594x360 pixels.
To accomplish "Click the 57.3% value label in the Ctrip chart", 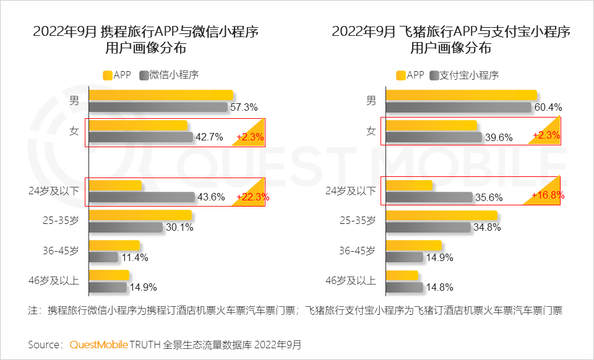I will (243, 108).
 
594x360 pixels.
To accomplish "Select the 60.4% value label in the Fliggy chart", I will (548, 108).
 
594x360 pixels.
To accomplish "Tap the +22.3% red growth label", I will (250, 197).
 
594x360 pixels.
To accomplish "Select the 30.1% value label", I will (179, 228).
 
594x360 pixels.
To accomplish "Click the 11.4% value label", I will (134, 257).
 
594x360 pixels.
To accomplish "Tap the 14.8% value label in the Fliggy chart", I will (439, 287).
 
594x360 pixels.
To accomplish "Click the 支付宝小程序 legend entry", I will (468, 75).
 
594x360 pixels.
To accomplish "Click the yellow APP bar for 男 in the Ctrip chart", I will (161, 95).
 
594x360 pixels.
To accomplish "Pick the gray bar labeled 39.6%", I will (433, 137).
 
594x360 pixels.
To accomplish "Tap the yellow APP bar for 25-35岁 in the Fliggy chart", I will (441, 215).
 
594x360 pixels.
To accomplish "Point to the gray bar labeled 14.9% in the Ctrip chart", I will (108, 287).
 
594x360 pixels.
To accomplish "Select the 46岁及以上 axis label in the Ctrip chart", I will (54, 280).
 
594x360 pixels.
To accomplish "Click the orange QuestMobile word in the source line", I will (98, 344).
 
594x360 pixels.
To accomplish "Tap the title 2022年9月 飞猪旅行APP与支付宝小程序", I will (450, 32).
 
